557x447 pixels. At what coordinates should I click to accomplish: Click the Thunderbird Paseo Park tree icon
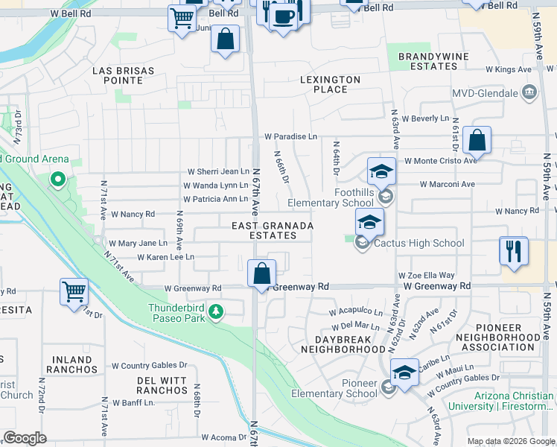215,311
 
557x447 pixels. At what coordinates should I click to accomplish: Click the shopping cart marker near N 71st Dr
74,291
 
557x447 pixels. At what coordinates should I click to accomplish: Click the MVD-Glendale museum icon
530,93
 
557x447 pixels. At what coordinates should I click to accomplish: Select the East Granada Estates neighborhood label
272,230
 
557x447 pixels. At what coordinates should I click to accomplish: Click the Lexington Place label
330,84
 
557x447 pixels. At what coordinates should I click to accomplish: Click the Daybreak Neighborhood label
345,343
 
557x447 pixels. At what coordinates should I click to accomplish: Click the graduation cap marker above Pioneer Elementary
404,372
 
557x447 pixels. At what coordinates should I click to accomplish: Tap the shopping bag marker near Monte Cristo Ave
477,139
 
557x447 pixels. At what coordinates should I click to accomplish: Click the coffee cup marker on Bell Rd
283,15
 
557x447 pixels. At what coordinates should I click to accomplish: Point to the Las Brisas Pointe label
123,75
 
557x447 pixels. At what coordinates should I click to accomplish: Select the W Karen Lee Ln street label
165,257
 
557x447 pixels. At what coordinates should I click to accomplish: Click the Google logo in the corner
25,438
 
